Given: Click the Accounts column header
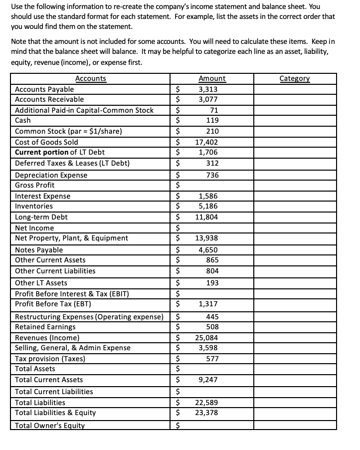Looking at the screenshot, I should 90,78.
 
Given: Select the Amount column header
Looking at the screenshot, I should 211,78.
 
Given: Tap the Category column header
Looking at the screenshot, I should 295,78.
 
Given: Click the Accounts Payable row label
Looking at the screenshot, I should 44,89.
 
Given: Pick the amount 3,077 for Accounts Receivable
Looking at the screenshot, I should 208,99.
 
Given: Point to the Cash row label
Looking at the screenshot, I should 23,120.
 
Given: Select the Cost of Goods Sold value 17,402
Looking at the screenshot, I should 208,142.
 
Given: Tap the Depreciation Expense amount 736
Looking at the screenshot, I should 213,175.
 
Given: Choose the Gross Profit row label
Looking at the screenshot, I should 35,185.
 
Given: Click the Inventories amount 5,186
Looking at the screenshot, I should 208,206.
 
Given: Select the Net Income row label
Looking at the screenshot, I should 34,228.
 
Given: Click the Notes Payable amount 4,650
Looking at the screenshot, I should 208,250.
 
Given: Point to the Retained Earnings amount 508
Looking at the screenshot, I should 213,327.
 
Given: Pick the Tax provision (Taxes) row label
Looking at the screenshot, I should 50,359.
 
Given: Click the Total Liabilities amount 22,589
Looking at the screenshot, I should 206,403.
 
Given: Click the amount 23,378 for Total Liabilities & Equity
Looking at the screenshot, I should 206,413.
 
